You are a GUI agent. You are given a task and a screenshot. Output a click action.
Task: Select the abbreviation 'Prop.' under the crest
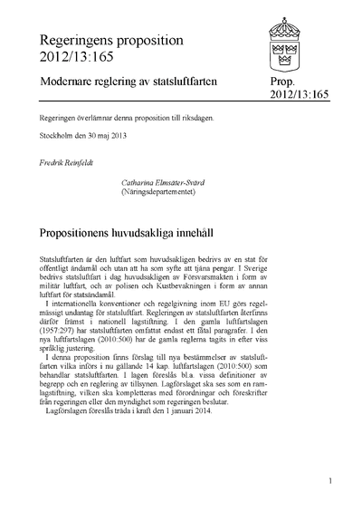click(271, 82)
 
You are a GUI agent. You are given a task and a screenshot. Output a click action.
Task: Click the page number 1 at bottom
click(333, 482)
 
